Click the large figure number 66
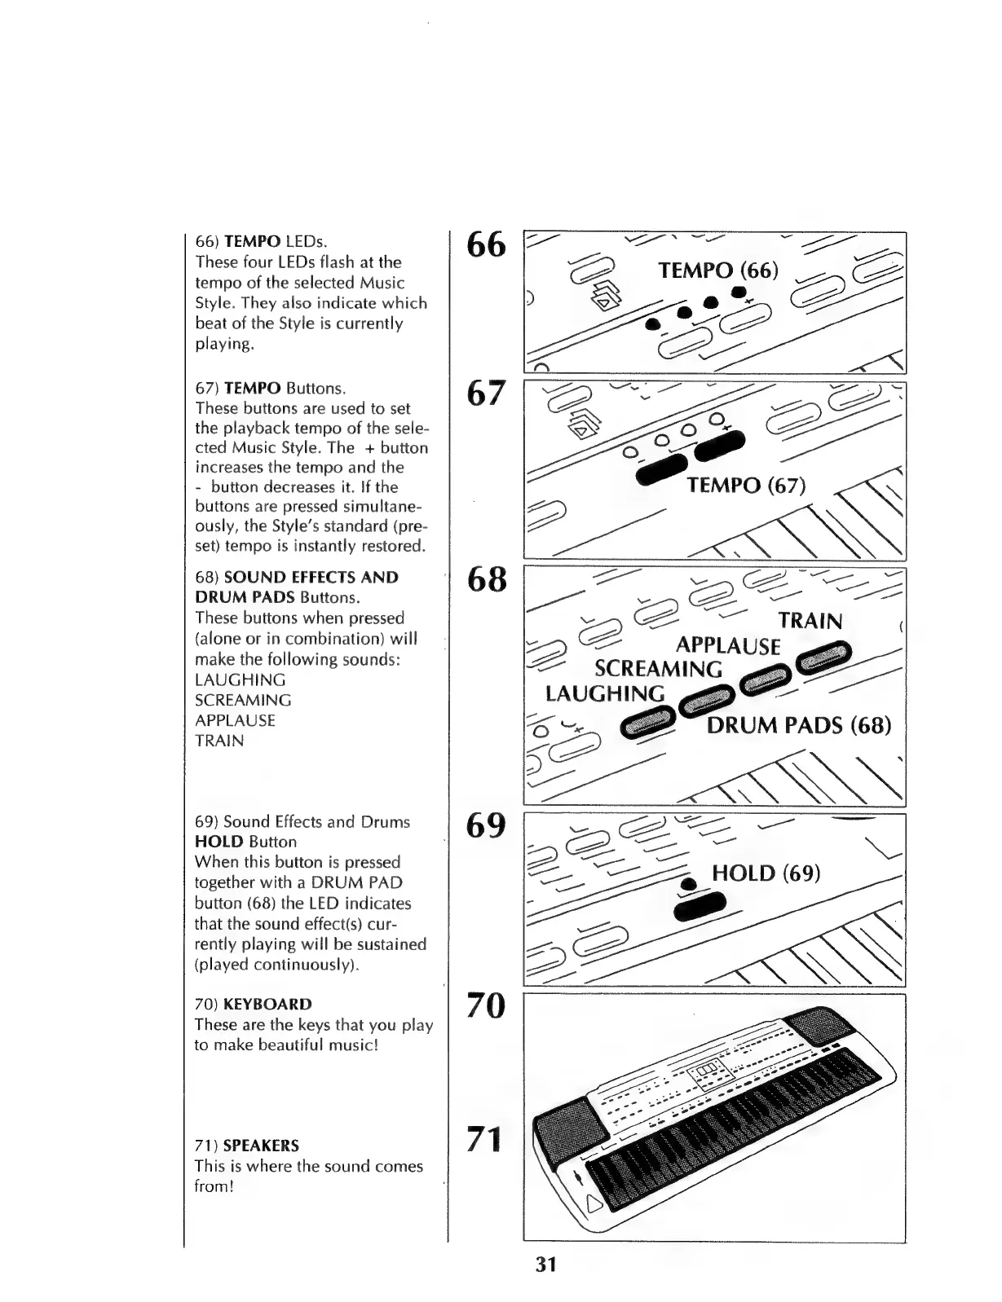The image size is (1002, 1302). (486, 244)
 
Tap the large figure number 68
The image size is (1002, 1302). (486, 579)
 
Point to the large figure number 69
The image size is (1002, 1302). (486, 825)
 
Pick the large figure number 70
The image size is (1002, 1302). (486, 1006)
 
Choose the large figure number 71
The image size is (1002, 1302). (483, 1138)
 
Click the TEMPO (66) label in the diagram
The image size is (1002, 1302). (718, 271)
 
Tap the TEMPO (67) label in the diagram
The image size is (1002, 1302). (746, 486)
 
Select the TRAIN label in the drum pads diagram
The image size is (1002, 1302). (810, 621)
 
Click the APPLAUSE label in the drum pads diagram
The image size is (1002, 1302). (728, 647)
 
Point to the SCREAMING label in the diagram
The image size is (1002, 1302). (658, 670)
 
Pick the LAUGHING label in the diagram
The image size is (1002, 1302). (605, 694)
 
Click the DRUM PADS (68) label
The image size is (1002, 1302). (799, 725)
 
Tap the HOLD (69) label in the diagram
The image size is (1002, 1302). (766, 873)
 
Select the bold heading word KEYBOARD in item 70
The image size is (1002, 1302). (267, 1005)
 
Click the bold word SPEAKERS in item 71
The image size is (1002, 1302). (261, 1146)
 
